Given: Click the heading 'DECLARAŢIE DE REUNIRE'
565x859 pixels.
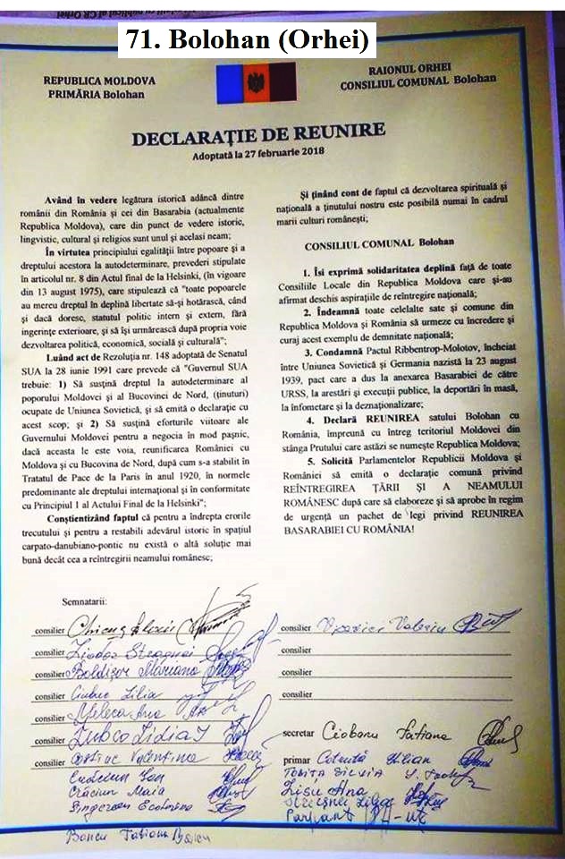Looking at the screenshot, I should click(259, 135).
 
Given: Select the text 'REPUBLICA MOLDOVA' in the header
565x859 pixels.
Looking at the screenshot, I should click(99, 81).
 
